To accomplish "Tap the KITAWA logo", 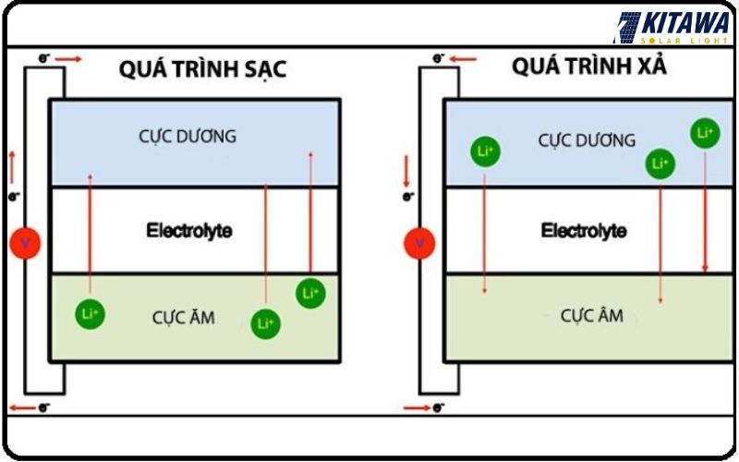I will pyautogui.click(x=673, y=28).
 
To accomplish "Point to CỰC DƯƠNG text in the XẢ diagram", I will pyautogui.click(x=587, y=140).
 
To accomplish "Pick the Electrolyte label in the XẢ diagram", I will pyautogui.click(x=584, y=230).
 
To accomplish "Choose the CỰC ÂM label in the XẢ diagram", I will pyautogui.click(x=592, y=316).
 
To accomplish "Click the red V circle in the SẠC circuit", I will pyautogui.click(x=24, y=244).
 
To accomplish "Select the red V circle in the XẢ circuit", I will pyautogui.click(x=419, y=244).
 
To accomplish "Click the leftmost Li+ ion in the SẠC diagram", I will pyautogui.click(x=91, y=314).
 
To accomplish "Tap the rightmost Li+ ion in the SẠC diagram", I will pyautogui.click(x=310, y=294).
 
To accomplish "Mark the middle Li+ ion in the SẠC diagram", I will pyautogui.click(x=265, y=323).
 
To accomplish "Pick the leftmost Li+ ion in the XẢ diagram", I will pyautogui.click(x=485, y=151).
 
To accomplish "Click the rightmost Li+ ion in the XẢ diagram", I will pyautogui.click(x=705, y=133).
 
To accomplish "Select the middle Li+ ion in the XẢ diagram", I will pyautogui.click(x=660, y=164).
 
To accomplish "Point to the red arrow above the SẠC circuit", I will pyautogui.click(x=68, y=59).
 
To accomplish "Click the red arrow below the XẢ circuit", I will pyautogui.click(x=418, y=407).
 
